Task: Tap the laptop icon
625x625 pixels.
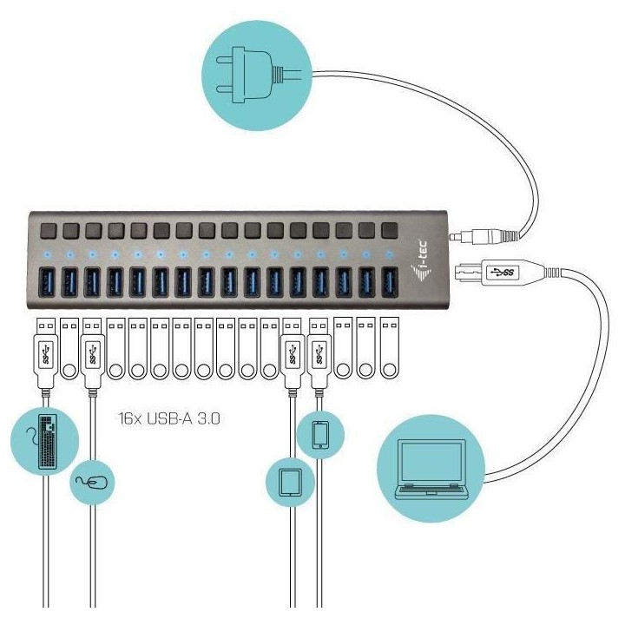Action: click(x=431, y=469)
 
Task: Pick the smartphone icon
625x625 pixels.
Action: click(x=319, y=434)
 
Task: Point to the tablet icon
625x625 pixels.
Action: click(x=289, y=482)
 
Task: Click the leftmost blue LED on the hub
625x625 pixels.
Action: click(x=49, y=255)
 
